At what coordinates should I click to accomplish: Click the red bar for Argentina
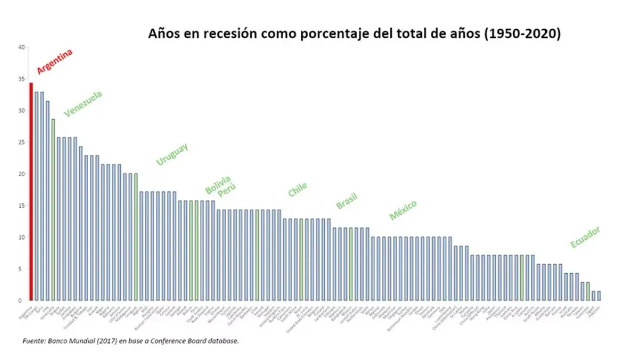point(31,191)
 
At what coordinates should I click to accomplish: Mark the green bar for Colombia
point(588,291)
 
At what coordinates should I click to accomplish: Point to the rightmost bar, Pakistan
point(599,296)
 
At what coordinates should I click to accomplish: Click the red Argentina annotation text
point(55,61)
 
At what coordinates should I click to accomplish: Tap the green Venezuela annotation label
point(83,104)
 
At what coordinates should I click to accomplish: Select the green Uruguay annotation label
point(172,154)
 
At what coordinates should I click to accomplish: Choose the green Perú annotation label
point(226,191)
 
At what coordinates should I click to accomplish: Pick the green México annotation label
point(403,210)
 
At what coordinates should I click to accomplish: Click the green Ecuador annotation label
point(585,237)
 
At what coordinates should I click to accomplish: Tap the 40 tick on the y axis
point(21,48)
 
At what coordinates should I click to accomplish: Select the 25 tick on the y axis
point(21,142)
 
